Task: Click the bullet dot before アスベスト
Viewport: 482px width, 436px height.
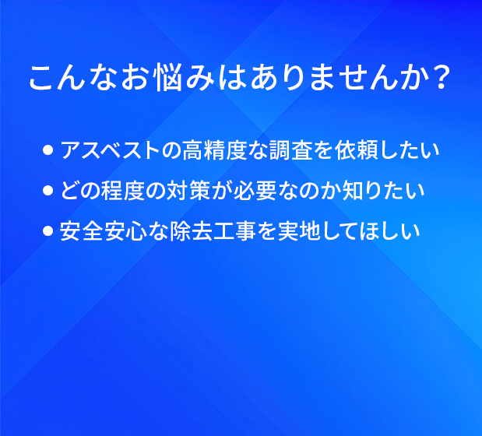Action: tap(47, 150)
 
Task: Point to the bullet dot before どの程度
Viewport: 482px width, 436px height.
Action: tap(47, 191)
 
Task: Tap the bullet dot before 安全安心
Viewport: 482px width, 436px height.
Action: tap(47, 230)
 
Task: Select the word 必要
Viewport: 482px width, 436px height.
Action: tap(255, 191)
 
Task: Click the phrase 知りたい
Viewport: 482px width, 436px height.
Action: tap(384, 191)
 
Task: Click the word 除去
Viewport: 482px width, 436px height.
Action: tap(191, 230)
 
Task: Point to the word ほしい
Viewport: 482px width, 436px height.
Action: tap(390, 230)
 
